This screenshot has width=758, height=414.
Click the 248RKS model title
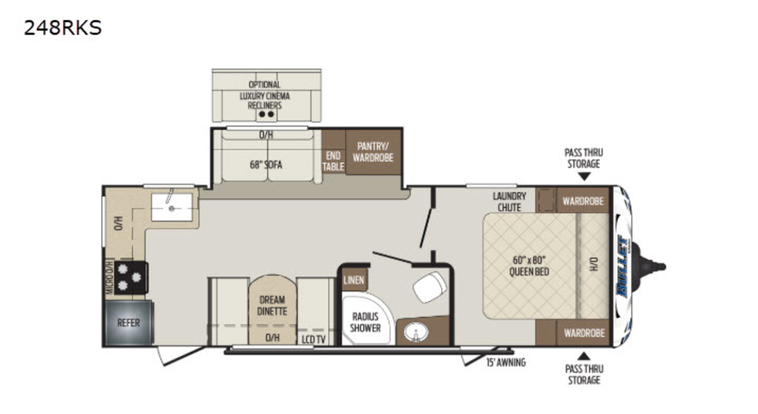tap(63, 27)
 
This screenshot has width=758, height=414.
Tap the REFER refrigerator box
tap(129, 322)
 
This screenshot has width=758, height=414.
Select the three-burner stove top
tap(131, 277)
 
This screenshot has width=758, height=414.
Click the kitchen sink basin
tap(172, 207)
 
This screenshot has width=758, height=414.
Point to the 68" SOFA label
tap(266, 165)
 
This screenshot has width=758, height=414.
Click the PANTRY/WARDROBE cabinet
tap(373, 152)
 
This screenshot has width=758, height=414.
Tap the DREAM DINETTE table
tap(272, 310)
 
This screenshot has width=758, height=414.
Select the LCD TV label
tap(313, 339)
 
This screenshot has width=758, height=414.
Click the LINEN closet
tap(354, 279)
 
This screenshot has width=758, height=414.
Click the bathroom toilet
tap(430, 287)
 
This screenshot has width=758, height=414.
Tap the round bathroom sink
tap(416, 332)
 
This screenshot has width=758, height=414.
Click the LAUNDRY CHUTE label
tap(509, 202)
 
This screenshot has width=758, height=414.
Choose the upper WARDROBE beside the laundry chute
tap(582, 200)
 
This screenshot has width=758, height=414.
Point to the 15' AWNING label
tap(506, 363)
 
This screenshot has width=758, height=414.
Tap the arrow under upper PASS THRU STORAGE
tap(584, 176)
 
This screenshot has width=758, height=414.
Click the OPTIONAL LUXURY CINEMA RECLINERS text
tap(265, 95)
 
